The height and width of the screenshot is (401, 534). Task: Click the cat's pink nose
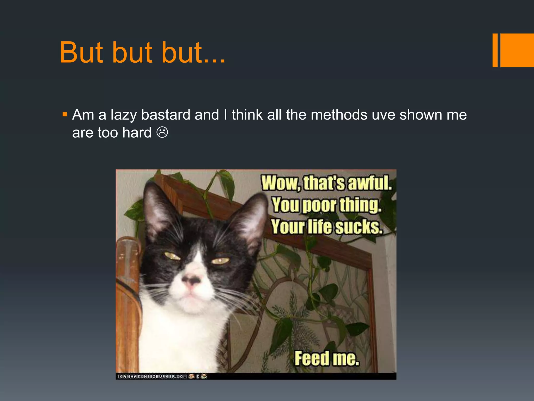tap(192, 281)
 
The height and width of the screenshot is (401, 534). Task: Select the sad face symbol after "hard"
tap(162, 132)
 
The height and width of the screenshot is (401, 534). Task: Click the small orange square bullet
tap(65, 114)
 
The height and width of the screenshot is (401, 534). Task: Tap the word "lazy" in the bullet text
tap(123, 115)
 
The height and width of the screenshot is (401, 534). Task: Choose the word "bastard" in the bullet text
tap(166, 115)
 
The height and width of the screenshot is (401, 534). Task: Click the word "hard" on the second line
tap(137, 133)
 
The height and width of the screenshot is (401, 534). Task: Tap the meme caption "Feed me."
tap(327, 358)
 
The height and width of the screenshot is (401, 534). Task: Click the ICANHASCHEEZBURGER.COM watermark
tap(152, 376)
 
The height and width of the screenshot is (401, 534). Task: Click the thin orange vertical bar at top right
tap(495, 50)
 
